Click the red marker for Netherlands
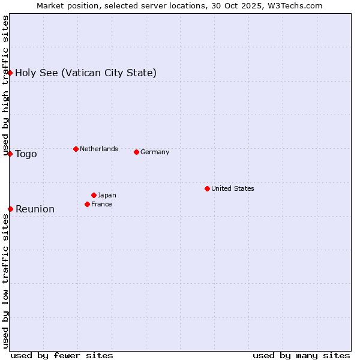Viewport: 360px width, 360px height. (76, 149)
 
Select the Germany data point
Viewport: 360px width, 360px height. (136, 152)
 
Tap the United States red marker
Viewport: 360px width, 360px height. (207, 188)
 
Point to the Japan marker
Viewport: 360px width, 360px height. (94, 195)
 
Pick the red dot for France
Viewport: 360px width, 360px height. (87, 204)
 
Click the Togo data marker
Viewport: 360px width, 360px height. (10, 154)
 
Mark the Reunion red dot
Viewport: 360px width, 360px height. (10, 209)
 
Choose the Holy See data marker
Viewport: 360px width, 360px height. (10, 73)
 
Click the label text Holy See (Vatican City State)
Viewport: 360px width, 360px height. (86, 73)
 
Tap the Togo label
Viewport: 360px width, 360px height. (26, 154)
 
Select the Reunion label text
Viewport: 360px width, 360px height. (35, 209)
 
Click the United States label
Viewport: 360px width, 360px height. (233, 188)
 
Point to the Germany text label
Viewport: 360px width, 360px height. (155, 152)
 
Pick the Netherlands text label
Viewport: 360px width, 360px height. (99, 149)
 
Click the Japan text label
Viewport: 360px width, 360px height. (107, 195)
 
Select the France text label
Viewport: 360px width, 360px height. (101, 204)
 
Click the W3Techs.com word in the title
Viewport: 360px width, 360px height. (293, 5)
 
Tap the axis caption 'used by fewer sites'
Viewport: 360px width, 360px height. (62, 355)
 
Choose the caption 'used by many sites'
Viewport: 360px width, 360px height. (301, 355)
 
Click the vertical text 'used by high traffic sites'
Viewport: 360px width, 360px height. (5, 86)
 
